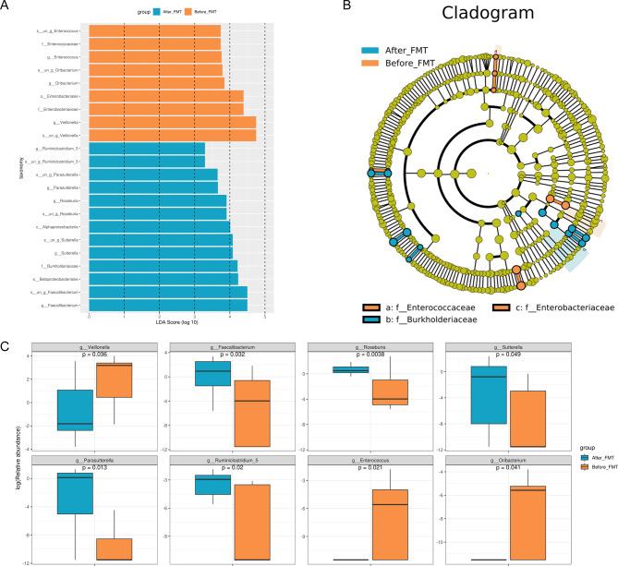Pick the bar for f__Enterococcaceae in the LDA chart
pyautogui.click(x=155, y=44)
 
